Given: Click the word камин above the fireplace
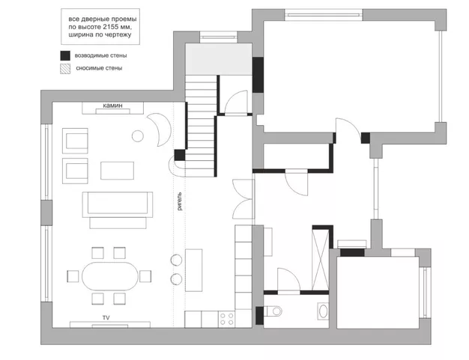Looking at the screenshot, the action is (112, 106).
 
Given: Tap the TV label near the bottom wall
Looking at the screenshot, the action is (106, 318).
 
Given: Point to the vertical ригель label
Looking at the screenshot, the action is (179, 201).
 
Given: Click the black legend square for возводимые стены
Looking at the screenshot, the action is (65, 55).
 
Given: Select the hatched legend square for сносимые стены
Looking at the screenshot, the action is (65, 69).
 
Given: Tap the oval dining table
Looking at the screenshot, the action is (110, 276).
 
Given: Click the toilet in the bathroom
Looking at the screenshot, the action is (273, 311).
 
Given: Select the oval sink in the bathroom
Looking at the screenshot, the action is (323, 311).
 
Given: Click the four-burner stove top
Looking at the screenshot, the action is (226, 319).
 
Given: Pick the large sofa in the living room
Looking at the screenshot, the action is (118, 204).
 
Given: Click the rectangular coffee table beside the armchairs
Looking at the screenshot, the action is (117, 171).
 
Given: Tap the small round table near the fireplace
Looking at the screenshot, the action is (138, 136).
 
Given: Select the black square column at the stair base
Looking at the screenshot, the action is (180, 155).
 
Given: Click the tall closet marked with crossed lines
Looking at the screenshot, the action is (321, 258).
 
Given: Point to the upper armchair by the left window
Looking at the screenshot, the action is (75, 141).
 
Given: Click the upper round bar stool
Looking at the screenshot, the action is (177, 260).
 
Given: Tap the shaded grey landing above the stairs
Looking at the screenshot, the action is (219, 59).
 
